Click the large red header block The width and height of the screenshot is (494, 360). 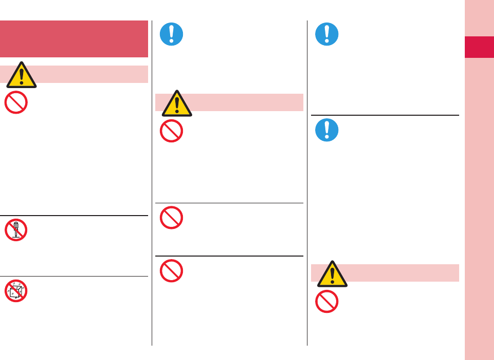[74, 39]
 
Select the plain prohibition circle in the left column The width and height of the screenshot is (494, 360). [16, 102]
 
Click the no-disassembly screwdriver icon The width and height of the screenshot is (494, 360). [16, 230]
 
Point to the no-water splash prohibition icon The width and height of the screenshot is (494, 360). [16, 291]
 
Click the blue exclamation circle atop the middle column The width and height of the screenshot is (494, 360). [171, 34]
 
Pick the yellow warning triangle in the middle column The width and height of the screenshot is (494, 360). [177, 103]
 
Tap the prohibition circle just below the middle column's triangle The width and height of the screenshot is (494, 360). [172, 131]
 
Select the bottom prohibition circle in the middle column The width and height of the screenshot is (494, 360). [172, 270]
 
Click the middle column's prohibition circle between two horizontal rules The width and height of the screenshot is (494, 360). [172, 217]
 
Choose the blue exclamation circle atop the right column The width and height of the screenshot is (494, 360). [326, 34]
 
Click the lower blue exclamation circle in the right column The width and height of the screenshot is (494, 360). [326, 130]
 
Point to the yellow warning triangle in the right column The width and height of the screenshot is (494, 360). [332, 273]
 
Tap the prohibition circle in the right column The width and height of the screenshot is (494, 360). [326, 302]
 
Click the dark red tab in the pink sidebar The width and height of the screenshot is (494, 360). [479, 47]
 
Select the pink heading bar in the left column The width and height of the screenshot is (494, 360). [92, 74]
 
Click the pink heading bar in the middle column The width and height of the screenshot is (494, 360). [246, 102]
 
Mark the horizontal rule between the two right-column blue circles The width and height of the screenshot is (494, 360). [385, 115]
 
